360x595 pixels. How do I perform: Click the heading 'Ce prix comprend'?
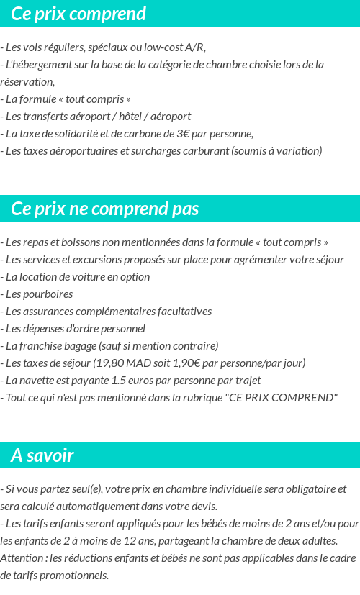click(x=78, y=14)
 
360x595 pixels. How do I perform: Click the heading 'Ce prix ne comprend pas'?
click(x=105, y=209)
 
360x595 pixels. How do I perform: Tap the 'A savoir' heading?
click(x=42, y=455)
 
